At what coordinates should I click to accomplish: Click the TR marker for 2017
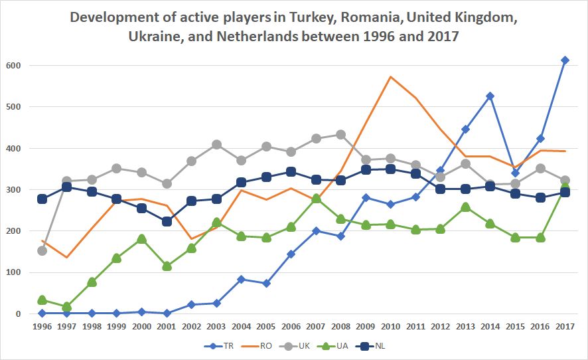click(x=565, y=60)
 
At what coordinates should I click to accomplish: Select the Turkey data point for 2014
click(x=490, y=96)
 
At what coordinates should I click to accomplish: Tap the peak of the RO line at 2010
click(x=391, y=76)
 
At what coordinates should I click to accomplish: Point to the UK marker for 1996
click(x=42, y=250)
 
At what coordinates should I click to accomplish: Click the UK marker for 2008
click(x=341, y=134)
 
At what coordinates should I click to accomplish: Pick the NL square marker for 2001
click(x=167, y=221)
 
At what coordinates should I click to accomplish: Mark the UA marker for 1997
click(x=66, y=306)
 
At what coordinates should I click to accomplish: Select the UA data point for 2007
click(x=316, y=199)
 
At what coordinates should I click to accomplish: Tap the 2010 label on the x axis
click(x=391, y=325)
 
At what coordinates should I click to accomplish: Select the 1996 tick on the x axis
click(x=42, y=325)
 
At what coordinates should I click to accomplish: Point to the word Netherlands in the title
click(x=256, y=36)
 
